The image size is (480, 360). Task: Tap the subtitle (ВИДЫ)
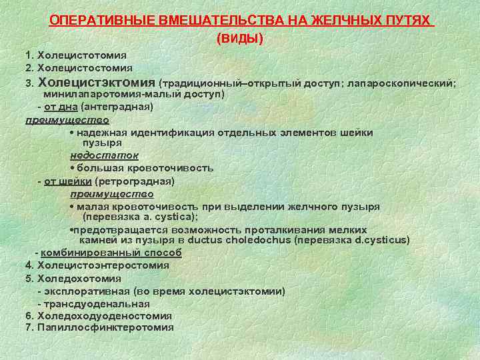point(240,39)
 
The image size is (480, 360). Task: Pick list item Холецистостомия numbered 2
point(85,67)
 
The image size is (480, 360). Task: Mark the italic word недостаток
point(104,155)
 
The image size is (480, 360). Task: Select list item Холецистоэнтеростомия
point(103,265)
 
